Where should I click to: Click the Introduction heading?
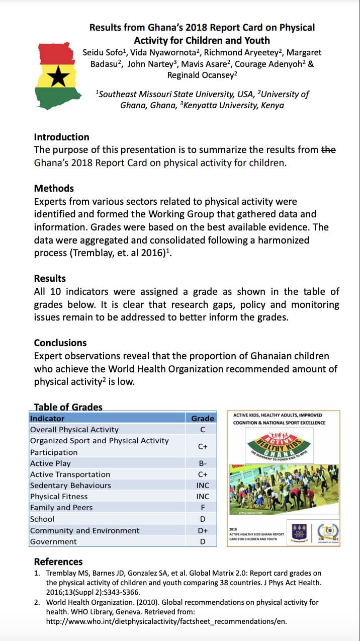coord(61,137)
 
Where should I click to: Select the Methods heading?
coord(54,188)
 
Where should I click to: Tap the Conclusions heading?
coord(60,343)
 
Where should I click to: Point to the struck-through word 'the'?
coord(328,149)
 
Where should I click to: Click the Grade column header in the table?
coord(203,419)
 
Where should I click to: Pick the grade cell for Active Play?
coord(203,463)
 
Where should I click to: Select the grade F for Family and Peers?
coord(203,508)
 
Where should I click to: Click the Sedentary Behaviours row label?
coord(70,486)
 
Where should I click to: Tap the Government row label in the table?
coord(53,542)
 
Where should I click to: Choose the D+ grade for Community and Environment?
coord(203,530)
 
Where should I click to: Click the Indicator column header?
coord(47,419)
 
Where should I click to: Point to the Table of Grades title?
coord(68,407)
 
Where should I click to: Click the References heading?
coord(58,562)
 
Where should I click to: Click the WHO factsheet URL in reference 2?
coord(166,621)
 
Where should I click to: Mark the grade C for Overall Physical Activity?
coord(203,430)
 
